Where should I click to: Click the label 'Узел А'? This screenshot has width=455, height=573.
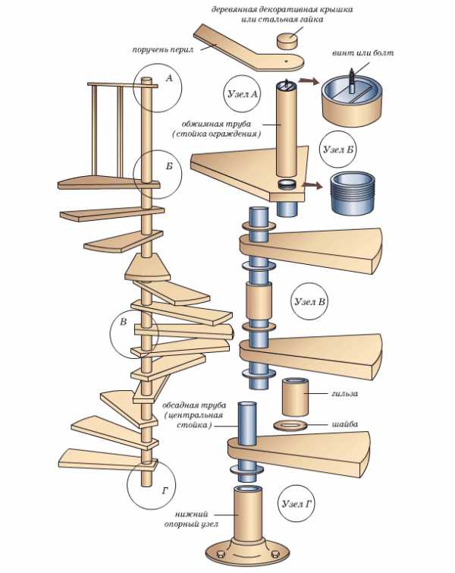pyautogui.click(x=243, y=95)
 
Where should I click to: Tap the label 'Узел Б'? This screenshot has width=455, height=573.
pyautogui.click(x=338, y=149)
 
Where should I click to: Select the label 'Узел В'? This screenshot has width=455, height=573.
pyautogui.click(x=310, y=301)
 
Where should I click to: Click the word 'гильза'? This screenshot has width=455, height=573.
pyautogui.click(x=345, y=394)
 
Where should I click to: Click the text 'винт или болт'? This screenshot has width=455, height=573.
pyautogui.click(x=364, y=55)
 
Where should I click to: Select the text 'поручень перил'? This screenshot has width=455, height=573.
pyautogui.click(x=160, y=50)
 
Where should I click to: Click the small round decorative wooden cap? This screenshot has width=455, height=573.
pyautogui.click(x=286, y=39)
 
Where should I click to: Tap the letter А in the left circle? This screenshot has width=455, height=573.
pyautogui.click(x=168, y=78)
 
